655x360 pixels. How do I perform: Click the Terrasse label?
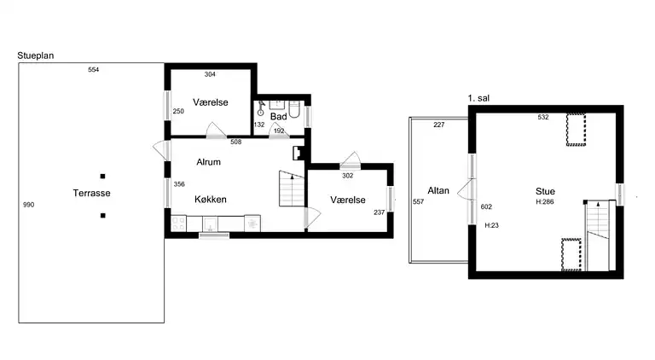[x=91, y=193]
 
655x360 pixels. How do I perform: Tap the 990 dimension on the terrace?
[x=28, y=205]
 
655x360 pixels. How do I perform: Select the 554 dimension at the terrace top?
[x=93, y=70]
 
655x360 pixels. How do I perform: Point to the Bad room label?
[x=278, y=117]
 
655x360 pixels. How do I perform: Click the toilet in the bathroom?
[x=294, y=108]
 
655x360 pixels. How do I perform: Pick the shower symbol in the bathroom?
[x=261, y=108]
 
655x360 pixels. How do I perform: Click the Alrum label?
[x=208, y=162]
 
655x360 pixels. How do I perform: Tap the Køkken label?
[x=211, y=200]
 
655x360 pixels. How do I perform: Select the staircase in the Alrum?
[x=292, y=189]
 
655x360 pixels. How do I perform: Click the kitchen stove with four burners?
[x=179, y=223]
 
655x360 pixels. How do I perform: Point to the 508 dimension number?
[x=236, y=142]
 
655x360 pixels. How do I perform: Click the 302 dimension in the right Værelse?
[x=348, y=176]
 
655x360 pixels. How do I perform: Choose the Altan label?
[x=438, y=190]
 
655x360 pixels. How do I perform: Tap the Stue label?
[x=545, y=191]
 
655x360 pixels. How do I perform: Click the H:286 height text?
[x=545, y=201]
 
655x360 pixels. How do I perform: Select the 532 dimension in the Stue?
[x=543, y=118]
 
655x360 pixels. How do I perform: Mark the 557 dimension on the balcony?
[x=418, y=201]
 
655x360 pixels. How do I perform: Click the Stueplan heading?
[x=36, y=55]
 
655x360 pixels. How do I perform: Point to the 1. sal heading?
[x=478, y=98]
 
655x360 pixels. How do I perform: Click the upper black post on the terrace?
[x=102, y=177]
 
